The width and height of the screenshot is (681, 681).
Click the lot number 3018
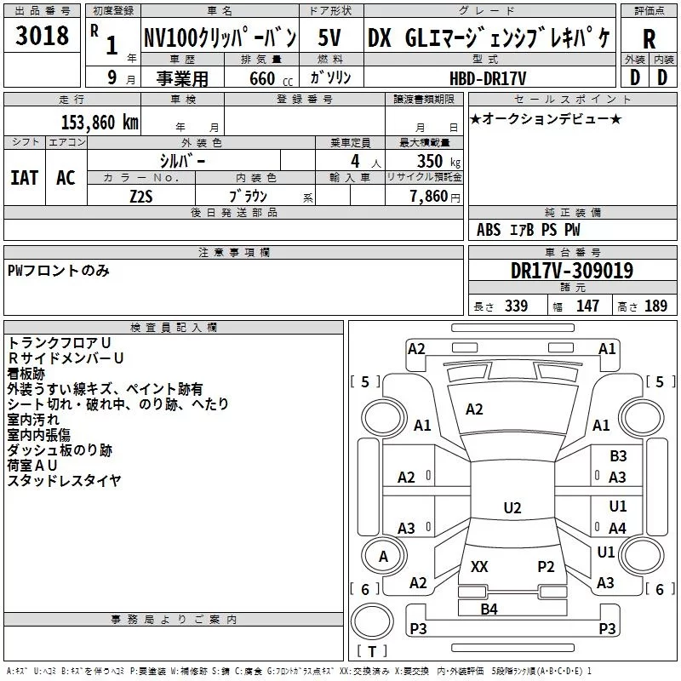pyautogui.click(x=42, y=36)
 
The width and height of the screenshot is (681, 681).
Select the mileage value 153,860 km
pyautogui.click(x=100, y=123)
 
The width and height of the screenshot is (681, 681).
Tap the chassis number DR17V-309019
pyautogui.click(x=572, y=271)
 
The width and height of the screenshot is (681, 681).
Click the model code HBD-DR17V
pyautogui.click(x=488, y=78)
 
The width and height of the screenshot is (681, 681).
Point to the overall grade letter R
pyautogui.click(x=649, y=39)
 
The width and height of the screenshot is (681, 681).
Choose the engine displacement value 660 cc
pyautogui.click(x=271, y=79)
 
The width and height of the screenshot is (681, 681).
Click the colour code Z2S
pyautogui.click(x=141, y=197)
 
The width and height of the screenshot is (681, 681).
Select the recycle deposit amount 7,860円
pyautogui.click(x=435, y=197)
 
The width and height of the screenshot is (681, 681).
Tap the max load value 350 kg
pyautogui.click(x=438, y=162)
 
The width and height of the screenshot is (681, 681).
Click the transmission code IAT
pyautogui.click(x=25, y=178)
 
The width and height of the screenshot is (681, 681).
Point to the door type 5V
pyautogui.click(x=329, y=37)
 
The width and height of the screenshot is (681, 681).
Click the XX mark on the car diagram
pyautogui.click(x=479, y=566)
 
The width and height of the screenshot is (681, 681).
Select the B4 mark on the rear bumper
pyautogui.click(x=489, y=609)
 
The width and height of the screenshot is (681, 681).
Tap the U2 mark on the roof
pyautogui.click(x=512, y=507)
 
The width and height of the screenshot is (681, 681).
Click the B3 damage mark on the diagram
pyautogui.click(x=618, y=456)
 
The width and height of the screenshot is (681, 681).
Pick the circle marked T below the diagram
pyautogui.click(x=372, y=621)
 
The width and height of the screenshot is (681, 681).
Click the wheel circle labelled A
pyautogui.click(x=384, y=556)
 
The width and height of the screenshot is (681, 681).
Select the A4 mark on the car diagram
pyautogui.click(x=617, y=528)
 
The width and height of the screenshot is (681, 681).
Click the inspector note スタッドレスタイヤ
pyautogui.click(x=65, y=480)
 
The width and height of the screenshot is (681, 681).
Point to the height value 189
pyautogui.click(x=655, y=306)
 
